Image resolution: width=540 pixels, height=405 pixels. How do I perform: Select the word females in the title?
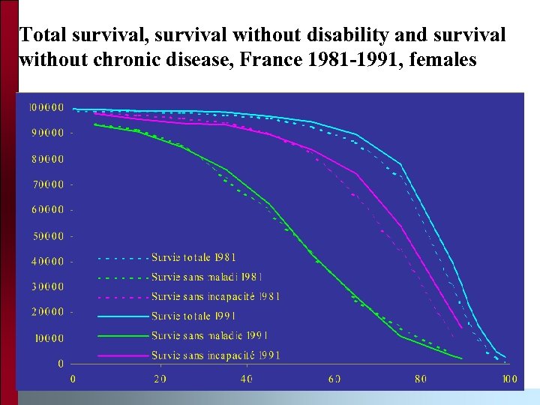tap(442, 59)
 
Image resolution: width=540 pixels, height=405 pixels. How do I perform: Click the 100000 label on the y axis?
tap(46, 106)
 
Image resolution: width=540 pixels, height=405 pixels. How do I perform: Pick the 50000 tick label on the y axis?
tap(46, 236)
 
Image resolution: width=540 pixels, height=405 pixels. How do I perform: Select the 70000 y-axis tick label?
tap(46, 184)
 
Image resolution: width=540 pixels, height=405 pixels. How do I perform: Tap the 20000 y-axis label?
tap(46, 311)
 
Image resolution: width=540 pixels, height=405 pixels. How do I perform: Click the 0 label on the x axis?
tap(73, 379)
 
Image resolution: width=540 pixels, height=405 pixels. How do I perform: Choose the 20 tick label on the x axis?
tap(160, 379)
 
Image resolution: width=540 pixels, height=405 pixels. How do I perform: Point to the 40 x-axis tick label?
tap(247, 379)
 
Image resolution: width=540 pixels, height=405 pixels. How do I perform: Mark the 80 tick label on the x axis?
tap(421, 379)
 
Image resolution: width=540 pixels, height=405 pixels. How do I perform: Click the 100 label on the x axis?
tap(509, 379)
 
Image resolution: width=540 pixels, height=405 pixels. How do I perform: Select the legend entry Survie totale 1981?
tap(193, 257)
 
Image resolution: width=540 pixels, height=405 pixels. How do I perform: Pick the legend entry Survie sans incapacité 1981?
tap(215, 296)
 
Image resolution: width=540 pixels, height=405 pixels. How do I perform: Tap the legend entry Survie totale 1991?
tap(193, 316)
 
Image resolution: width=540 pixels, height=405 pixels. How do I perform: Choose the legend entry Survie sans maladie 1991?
tap(209, 335)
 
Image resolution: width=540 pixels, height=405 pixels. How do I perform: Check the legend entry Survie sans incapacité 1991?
tap(215, 355)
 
